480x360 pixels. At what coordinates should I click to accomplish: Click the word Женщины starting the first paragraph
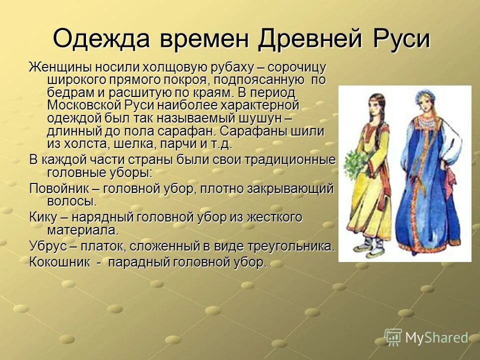click(x=59, y=67)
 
